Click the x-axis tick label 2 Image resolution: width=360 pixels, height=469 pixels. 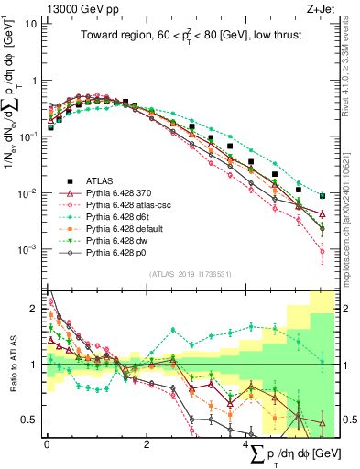tap(147, 444)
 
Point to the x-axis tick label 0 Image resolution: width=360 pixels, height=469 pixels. tap(46, 444)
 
